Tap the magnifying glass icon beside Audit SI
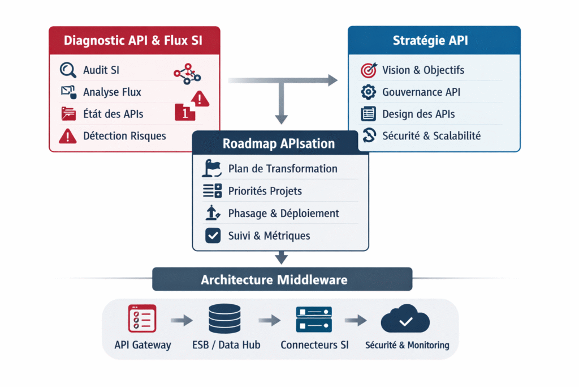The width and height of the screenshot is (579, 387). tap(68, 70)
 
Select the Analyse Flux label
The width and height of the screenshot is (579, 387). tap(112, 92)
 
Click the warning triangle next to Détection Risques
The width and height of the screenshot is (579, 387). tap(68, 135)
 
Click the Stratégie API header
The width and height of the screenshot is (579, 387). tap(434, 40)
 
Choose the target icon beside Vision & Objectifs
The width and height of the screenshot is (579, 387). tap(368, 70)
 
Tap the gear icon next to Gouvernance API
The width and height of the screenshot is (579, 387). tap(368, 92)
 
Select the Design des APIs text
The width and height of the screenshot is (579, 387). tap(418, 114)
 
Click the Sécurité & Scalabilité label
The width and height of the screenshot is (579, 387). tap(431, 135)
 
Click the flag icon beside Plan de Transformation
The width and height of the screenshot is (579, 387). tap(211, 168)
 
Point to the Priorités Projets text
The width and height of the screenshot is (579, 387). tap(265, 191)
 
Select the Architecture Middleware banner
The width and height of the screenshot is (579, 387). tap(282, 280)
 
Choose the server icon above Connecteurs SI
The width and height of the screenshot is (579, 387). tap(314, 320)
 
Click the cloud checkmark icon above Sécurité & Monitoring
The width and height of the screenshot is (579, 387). tap(406, 321)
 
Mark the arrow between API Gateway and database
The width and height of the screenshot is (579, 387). tap(181, 321)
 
